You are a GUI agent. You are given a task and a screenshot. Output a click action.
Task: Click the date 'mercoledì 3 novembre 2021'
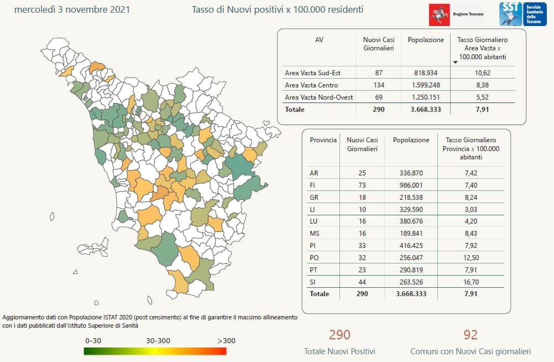[72, 9]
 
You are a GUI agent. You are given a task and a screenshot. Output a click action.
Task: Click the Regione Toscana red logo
[439, 14]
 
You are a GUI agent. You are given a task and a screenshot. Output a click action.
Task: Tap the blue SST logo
[511, 14]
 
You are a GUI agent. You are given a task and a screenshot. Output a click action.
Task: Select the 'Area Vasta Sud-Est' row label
[313, 73]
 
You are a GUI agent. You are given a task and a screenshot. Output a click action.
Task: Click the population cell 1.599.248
[426, 85]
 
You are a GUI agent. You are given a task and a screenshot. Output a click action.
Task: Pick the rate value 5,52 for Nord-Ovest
[482, 97]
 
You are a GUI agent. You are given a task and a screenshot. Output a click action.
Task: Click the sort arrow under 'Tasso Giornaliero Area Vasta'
[456, 63]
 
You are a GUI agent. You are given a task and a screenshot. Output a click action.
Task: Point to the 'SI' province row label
[313, 282]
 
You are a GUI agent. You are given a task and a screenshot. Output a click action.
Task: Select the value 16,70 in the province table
[471, 282]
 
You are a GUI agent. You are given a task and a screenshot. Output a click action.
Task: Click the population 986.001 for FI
[411, 185]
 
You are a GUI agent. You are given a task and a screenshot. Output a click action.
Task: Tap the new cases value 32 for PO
[362, 257]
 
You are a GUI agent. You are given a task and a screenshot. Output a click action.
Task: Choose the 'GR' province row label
[314, 198]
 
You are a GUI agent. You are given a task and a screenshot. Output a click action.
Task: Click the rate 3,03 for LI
[471, 209]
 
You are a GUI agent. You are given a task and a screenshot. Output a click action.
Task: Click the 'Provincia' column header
[323, 140]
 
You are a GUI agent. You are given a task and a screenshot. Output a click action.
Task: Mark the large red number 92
[471, 335]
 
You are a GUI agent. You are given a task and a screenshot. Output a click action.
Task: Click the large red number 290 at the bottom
[339, 335]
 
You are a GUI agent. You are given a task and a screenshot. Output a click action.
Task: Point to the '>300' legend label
[227, 341]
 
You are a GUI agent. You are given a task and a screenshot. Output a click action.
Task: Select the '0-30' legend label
[93, 341]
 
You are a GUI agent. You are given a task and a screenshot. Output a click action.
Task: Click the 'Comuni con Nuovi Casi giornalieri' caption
[471, 351]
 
